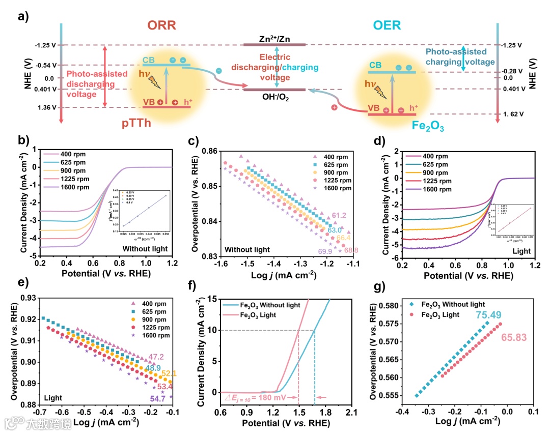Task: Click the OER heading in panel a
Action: [x=387, y=25]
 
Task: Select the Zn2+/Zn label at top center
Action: [x=275, y=39]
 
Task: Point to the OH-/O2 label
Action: [x=274, y=98]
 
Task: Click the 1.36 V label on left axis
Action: [x=45, y=108]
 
